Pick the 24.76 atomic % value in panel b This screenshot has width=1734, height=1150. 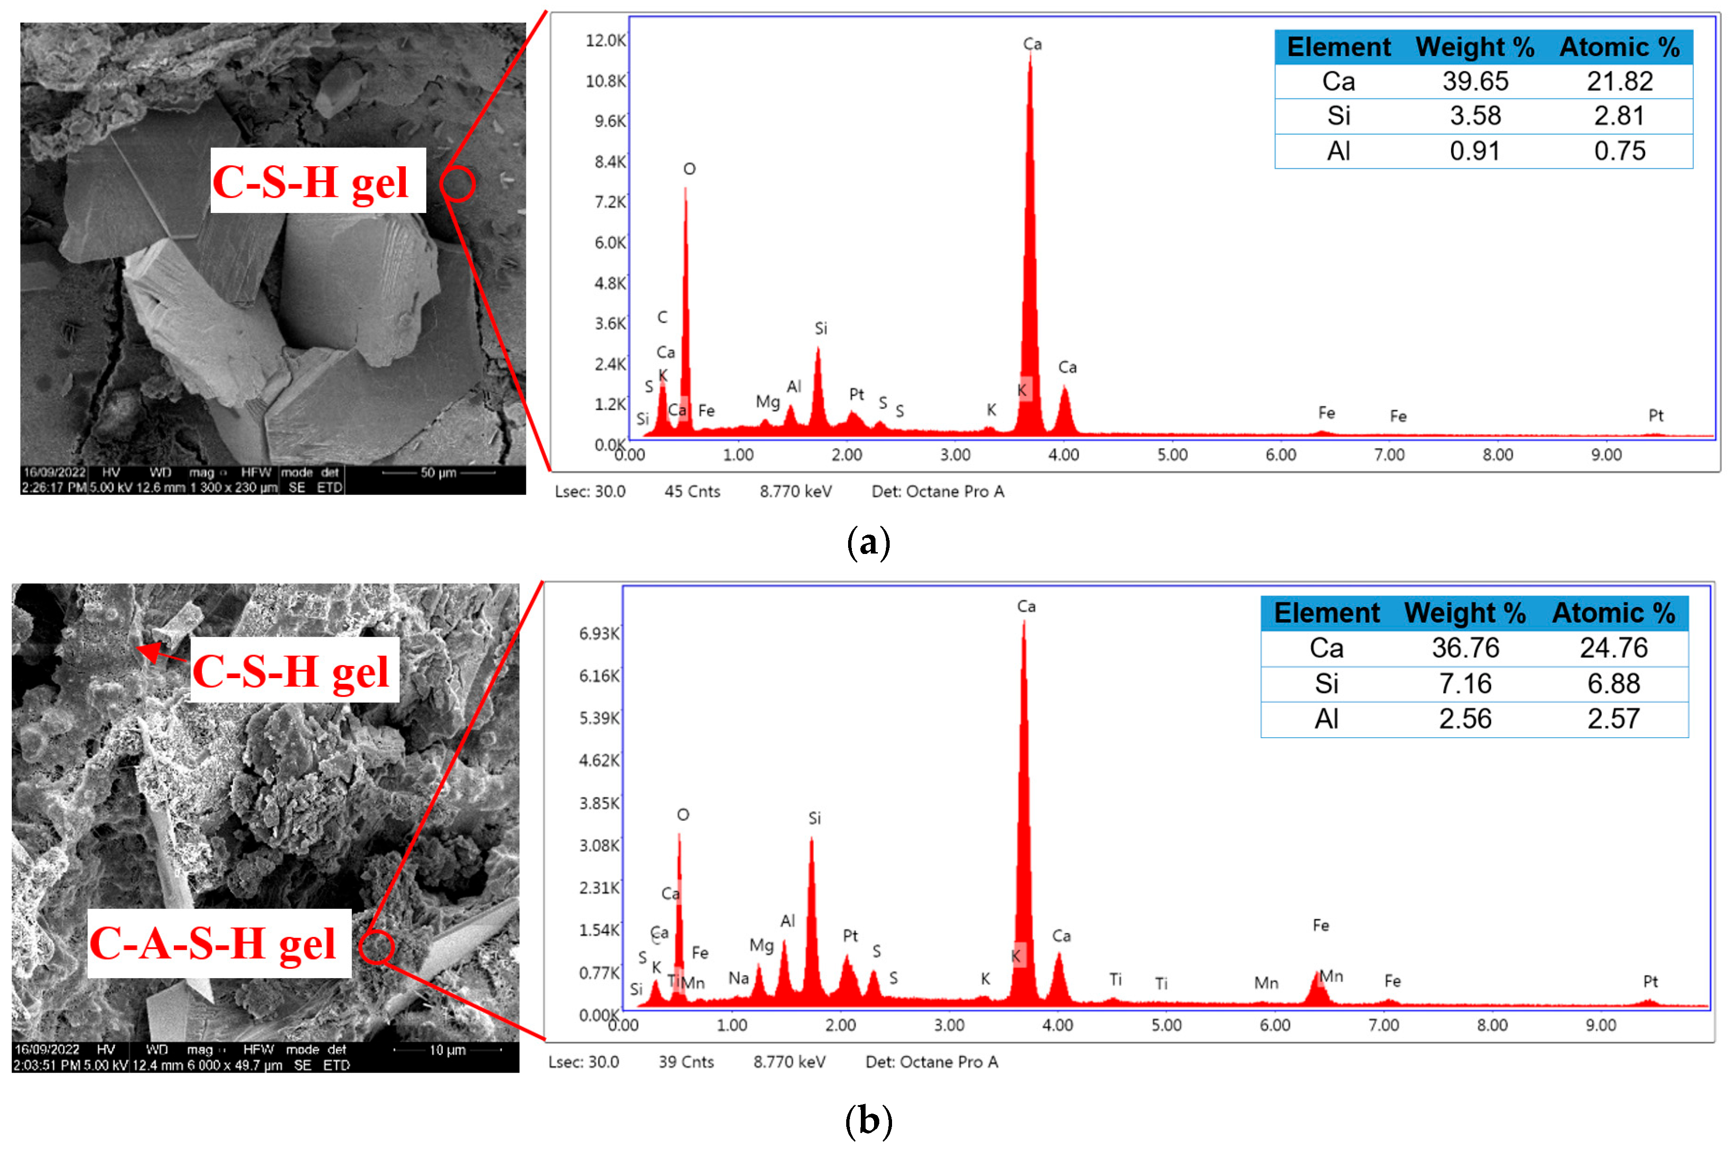1613,648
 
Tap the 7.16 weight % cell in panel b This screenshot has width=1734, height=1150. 1464,683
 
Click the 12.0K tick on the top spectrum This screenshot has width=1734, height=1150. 605,40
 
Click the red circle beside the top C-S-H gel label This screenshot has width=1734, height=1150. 458,183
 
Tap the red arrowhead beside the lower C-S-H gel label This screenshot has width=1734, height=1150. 149,650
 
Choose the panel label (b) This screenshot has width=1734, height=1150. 868,1121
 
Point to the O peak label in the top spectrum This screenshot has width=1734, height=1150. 689,170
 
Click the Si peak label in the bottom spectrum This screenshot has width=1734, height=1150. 814,818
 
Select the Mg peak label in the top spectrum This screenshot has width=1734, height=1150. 767,402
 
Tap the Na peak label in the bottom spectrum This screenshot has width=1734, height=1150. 738,979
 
